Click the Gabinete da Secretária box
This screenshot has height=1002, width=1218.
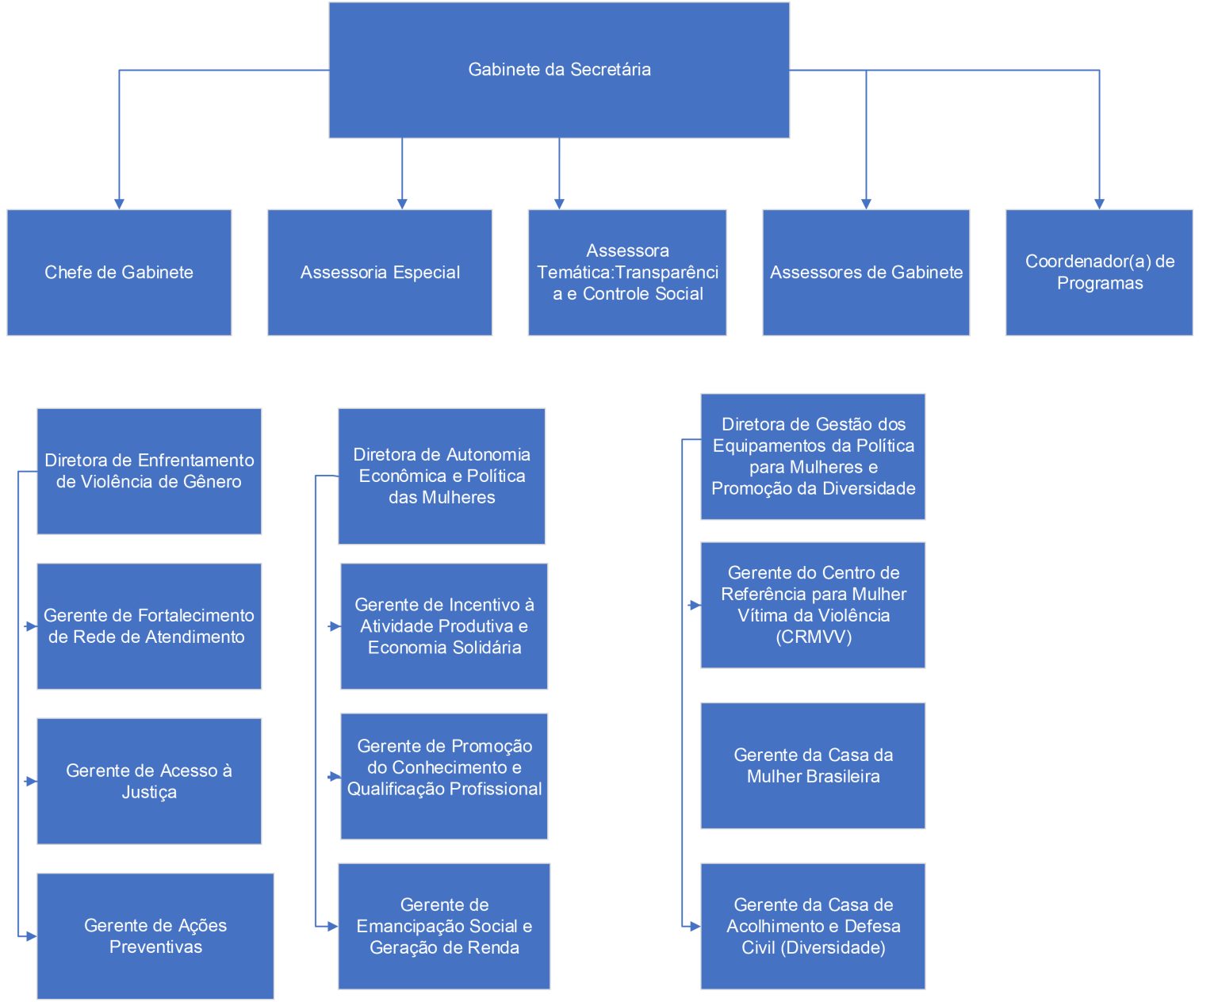(x=559, y=70)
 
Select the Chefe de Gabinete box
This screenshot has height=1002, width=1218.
(x=119, y=272)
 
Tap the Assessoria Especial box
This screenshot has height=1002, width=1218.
(x=380, y=272)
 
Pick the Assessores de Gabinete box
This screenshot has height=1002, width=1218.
(x=866, y=272)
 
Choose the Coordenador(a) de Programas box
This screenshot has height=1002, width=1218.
(x=1099, y=272)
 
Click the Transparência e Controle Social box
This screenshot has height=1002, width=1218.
(x=627, y=272)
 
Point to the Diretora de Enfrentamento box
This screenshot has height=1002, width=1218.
(x=149, y=471)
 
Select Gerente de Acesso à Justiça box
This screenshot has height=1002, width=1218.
(x=149, y=781)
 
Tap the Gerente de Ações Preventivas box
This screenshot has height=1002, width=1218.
(x=155, y=936)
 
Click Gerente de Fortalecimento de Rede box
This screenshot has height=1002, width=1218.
(x=149, y=626)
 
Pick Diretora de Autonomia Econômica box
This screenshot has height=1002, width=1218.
(x=442, y=476)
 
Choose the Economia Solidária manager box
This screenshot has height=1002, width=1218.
(x=444, y=626)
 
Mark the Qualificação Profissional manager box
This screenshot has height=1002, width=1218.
(x=444, y=776)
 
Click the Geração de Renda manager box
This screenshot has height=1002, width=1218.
(x=444, y=926)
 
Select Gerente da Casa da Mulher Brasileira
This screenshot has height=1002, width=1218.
(x=813, y=766)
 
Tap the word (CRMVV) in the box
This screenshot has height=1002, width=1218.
(x=814, y=637)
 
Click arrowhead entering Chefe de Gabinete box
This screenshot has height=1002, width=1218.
(x=119, y=205)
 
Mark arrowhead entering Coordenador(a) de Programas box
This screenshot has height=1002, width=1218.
(x=1099, y=205)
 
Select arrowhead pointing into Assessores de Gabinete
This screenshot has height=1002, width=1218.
(x=866, y=205)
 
